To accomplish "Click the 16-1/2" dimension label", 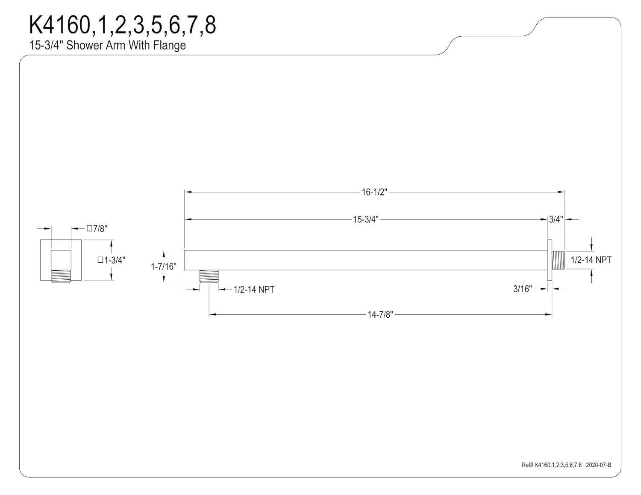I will [x=374, y=192].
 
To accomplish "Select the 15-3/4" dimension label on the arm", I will [x=365, y=220].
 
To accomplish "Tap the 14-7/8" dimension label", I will [x=380, y=315].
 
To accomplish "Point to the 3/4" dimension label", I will [x=556, y=220].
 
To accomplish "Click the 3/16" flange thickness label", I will [x=522, y=289].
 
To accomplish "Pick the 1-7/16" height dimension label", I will [x=163, y=267].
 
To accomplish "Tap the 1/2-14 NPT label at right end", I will [x=591, y=260].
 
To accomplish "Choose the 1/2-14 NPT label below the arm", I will [x=254, y=290].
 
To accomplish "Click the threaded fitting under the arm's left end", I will [x=209, y=276].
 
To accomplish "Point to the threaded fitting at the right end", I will [x=558, y=260].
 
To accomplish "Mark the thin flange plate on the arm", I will [x=550, y=260].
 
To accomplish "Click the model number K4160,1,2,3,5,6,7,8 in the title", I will [x=122, y=26].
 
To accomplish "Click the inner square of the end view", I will [x=61, y=260].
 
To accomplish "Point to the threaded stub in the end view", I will [x=61, y=276].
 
